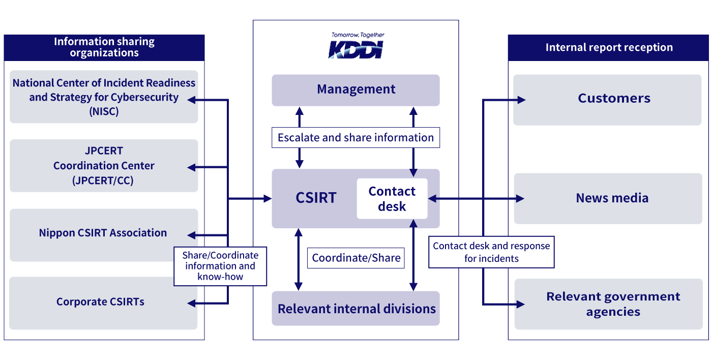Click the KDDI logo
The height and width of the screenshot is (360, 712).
coord(355,50)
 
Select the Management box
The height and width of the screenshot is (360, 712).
coord(355,89)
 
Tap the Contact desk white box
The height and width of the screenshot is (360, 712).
coord(392,199)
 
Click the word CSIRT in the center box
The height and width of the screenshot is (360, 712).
coord(316,198)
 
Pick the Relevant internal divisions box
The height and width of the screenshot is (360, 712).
coord(355,309)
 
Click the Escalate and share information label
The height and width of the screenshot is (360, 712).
coord(355,138)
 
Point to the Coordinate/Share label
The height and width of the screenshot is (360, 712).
coord(356,258)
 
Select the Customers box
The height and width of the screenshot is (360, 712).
coord(613,99)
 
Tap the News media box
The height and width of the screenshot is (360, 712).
coord(612,198)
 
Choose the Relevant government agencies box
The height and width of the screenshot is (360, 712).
coord(613,304)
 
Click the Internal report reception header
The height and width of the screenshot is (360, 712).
coord(609,48)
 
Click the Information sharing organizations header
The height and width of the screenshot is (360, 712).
coord(104,47)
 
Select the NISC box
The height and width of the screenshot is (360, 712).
coord(104,97)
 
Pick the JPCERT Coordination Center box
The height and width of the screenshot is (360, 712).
coord(104,166)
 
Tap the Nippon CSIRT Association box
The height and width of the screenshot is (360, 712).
coord(103,233)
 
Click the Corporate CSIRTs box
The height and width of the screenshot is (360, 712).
coord(100,302)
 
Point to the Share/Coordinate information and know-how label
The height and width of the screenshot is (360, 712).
coord(220,266)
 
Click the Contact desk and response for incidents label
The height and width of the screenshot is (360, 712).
coord(491,252)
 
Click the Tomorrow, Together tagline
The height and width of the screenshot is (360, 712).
coord(358,35)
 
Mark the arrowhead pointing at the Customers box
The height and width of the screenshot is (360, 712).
coord(521,100)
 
